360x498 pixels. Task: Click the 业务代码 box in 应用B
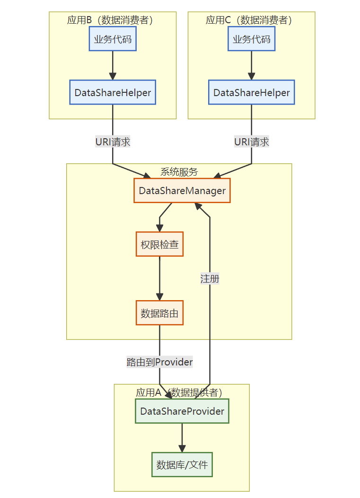(x=113, y=39)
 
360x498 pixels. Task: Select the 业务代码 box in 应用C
(x=251, y=39)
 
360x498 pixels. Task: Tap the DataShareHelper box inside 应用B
(x=113, y=92)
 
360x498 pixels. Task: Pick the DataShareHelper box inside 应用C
(x=251, y=92)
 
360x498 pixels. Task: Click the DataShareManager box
(x=182, y=191)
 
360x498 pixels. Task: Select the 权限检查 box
(x=160, y=244)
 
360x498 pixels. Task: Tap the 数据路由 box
(x=160, y=313)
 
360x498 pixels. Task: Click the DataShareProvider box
(x=182, y=411)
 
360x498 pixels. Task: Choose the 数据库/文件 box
(x=182, y=465)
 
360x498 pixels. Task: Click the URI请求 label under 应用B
(x=113, y=142)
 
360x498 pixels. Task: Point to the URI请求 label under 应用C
(x=251, y=142)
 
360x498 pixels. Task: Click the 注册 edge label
(x=210, y=279)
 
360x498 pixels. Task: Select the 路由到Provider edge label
(x=160, y=362)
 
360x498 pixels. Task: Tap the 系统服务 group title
(x=179, y=172)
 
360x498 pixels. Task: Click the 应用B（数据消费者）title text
(x=110, y=20)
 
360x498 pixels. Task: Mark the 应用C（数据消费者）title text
(x=248, y=20)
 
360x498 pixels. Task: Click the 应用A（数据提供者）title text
(x=179, y=392)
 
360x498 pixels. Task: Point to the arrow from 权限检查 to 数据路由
(x=160, y=278)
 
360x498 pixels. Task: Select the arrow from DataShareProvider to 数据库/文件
(x=182, y=438)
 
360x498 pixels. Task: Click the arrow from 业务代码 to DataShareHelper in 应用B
(x=113, y=65)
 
